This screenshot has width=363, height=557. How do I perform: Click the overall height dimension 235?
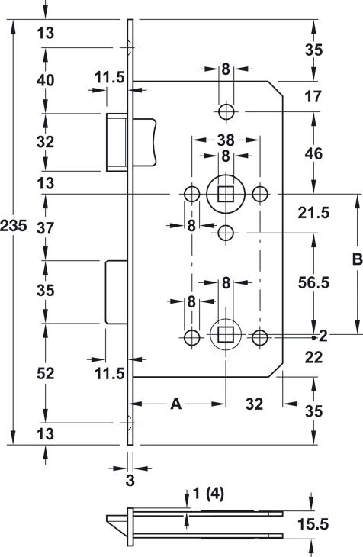click(x=13, y=226)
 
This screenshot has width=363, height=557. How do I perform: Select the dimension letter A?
click(x=176, y=404)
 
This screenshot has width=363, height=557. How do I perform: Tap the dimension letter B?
click(x=357, y=259)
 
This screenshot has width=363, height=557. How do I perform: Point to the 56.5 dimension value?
click(x=313, y=283)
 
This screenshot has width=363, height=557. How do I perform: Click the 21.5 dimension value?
click(x=313, y=213)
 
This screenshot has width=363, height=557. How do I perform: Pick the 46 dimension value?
click(x=313, y=154)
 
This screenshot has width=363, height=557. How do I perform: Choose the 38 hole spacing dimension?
click(x=226, y=140)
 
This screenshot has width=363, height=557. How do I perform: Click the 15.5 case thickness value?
click(x=313, y=524)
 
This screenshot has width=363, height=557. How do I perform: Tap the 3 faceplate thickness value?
click(x=130, y=480)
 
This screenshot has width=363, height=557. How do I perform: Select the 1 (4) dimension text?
click(x=208, y=494)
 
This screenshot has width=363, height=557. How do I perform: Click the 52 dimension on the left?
click(x=46, y=373)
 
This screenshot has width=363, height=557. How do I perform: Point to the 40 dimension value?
click(x=46, y=80)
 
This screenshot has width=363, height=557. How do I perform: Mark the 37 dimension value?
click(x=46, y=227)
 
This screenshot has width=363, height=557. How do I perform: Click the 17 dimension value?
click(x=313, y=97)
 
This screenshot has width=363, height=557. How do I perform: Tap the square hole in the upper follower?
click(x=226, y=194)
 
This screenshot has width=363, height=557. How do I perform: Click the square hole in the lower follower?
click(x=226, y=335)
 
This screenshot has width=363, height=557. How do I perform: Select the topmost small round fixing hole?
click(x=226, y=111)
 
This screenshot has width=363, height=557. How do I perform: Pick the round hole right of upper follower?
click(x=260, y=194)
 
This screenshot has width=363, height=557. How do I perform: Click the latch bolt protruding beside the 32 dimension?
click(x=117, y=142)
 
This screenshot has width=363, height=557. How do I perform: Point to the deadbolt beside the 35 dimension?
click(x=117, y=292)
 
